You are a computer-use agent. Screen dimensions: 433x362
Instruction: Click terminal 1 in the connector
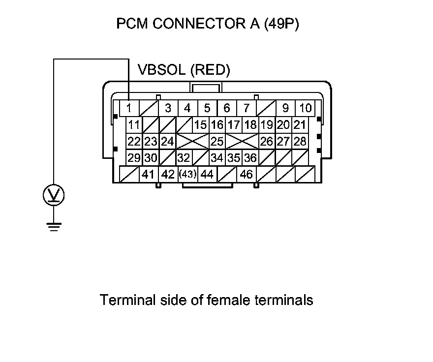[129, 108]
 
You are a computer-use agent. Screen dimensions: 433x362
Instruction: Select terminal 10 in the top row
[305, 108]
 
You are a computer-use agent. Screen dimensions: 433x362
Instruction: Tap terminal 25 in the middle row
[217, 141]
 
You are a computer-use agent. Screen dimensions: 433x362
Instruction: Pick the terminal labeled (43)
[188, 174]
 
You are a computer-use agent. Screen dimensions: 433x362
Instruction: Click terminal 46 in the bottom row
[247, 174]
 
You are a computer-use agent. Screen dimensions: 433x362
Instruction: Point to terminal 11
[134, 125]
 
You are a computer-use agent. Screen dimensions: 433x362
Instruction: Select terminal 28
[300, 141]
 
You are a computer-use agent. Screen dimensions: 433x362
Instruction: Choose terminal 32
[184, 158]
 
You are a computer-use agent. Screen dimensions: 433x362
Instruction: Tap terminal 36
[250, 158]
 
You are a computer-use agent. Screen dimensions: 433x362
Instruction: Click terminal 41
[149, 174]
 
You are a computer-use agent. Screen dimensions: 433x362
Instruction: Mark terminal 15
[200, 125]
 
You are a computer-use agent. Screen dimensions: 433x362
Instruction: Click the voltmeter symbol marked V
[54, 195]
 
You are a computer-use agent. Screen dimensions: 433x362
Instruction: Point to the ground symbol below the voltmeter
[54, 226]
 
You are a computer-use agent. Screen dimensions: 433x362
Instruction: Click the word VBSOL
[161, 69]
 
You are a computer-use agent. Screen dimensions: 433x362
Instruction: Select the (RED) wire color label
[211, 70]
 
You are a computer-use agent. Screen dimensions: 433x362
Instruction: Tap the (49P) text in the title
[281, 24]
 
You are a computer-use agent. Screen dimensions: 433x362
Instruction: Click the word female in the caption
[228, 300]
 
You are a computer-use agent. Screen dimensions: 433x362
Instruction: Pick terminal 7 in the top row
[247, 108]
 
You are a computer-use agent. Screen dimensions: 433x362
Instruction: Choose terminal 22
[134, 141]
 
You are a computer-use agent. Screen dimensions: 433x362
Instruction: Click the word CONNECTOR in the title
[199, 24]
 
